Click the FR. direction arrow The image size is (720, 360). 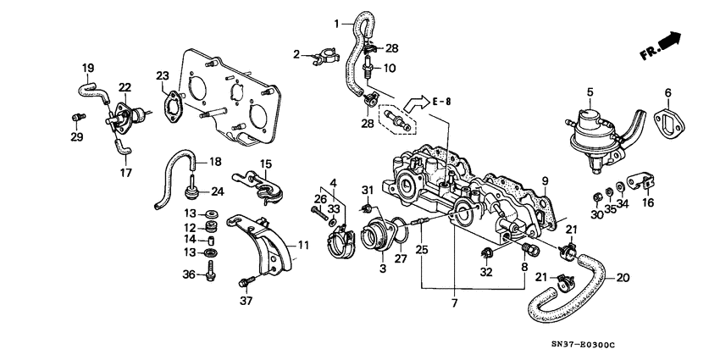pos(661,46)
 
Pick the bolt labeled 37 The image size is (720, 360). pos(246,282)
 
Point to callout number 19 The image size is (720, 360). pos(87,67)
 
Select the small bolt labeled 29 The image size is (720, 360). pos(77,117)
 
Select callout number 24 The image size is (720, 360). pos(217,191)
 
